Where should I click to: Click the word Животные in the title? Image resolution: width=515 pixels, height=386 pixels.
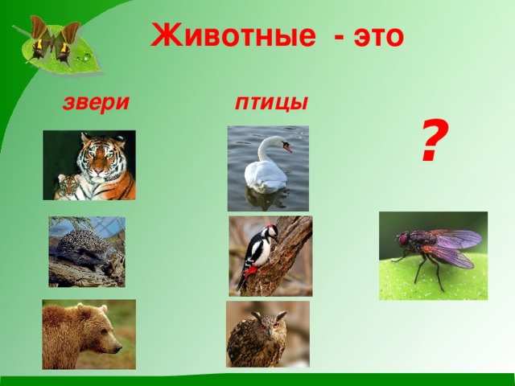point(233,35)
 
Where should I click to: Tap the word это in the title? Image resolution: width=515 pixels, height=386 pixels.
point(378,37)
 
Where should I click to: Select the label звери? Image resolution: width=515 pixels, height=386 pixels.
point(96,102)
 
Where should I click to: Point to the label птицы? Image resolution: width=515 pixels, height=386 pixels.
point(272,103)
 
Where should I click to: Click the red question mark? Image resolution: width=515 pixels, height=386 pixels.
point(435,140)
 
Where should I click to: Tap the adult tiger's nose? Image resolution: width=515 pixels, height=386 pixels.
point(100,171)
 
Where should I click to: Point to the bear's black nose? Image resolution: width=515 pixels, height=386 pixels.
point(118,348)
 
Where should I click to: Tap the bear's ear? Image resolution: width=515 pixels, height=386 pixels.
point(80,309)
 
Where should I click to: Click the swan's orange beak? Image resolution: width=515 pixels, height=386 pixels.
point(287,148)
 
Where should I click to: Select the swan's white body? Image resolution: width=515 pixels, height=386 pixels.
point(266,176)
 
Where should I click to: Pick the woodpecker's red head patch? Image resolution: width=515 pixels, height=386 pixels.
point(270,227)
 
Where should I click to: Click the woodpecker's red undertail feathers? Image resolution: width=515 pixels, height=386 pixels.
point(250,271)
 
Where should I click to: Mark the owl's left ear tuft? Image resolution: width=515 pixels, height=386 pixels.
point(256,315)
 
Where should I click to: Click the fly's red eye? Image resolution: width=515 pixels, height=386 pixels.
point(402,240)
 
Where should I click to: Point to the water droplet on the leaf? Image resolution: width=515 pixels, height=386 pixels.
point(87,57)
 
